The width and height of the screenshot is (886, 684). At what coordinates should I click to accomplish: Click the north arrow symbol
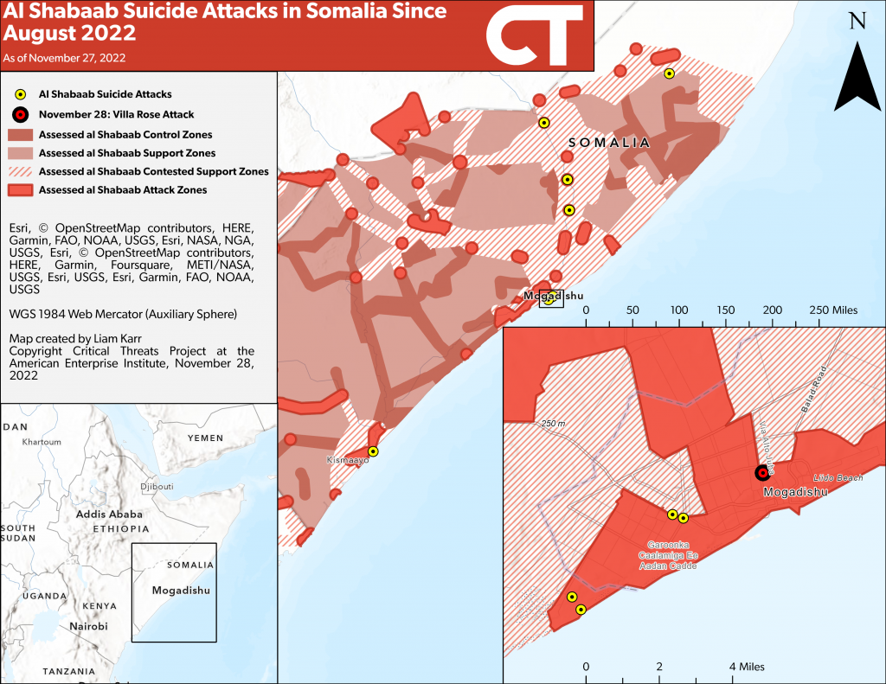(x=857, y=78)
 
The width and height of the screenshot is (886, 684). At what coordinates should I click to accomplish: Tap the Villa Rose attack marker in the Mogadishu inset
(x=761, y=472)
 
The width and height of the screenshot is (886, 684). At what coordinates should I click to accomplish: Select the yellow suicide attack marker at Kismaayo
(x=373, y=451)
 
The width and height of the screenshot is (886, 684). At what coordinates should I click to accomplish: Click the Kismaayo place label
(x=348, y=461)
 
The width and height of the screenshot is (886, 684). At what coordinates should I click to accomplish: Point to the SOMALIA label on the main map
(x=608, y=143)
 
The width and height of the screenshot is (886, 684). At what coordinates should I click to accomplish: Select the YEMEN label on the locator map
(x=205, y=438)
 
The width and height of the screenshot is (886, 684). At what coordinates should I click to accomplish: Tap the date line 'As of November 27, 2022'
(x=64, y=58)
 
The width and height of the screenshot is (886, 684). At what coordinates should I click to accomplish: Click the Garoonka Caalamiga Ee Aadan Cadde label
(x=666, y=555)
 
